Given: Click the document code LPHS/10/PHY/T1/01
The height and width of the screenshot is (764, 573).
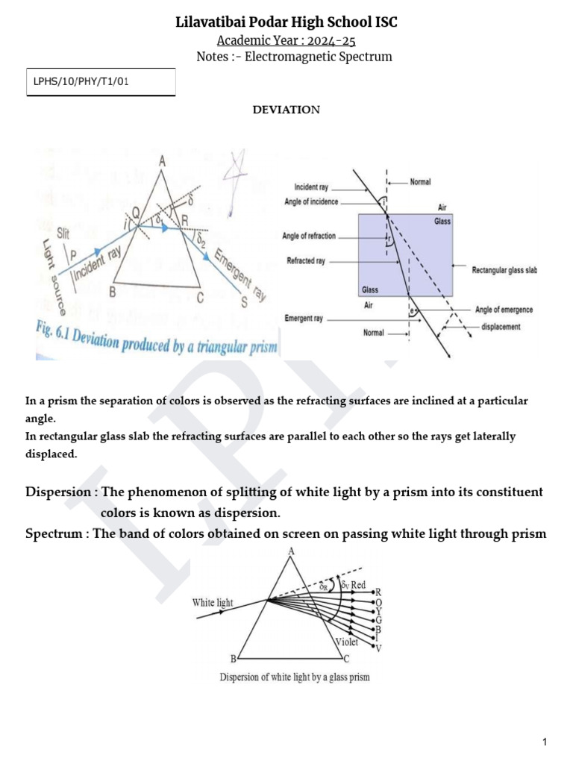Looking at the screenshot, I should click(81, 82).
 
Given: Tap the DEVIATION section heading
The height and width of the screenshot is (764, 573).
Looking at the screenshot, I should click(286, 110).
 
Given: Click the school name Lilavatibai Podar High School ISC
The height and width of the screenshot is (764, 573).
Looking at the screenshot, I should click(286, 22).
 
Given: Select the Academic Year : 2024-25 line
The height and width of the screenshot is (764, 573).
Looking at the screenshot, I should click(286, 40).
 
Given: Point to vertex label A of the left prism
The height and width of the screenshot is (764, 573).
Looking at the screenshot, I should click(162, 160).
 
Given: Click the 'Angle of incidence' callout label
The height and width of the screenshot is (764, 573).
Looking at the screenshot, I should click(311, 201).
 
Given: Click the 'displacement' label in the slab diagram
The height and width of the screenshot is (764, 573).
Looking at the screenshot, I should click(501, 326).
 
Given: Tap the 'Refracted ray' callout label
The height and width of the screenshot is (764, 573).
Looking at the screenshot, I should click(306, 262).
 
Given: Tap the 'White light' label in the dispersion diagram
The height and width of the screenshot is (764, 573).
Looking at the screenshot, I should click(213, 602).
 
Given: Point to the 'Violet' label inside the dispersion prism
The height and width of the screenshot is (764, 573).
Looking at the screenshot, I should click(346, 642).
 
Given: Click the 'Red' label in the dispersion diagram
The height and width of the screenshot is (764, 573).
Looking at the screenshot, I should click(359, 586).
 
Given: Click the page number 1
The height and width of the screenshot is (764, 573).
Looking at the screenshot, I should click(545, 742).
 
